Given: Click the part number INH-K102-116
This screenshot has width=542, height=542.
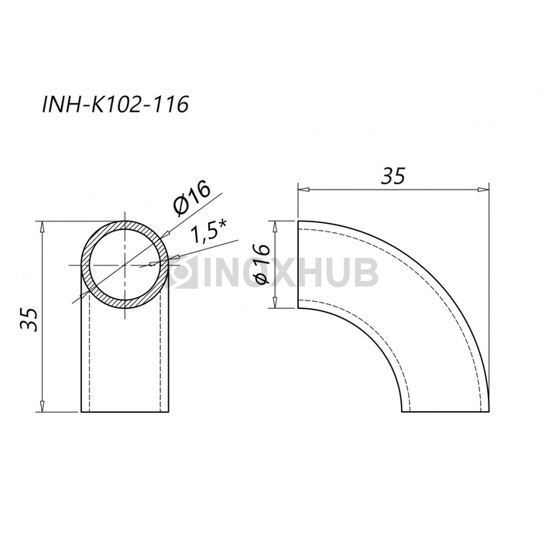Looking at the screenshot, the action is tap(115, 104).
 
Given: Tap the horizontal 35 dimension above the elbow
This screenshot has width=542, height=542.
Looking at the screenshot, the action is tap(393, 176).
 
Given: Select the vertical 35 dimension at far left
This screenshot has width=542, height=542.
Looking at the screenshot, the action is tap(29, 319).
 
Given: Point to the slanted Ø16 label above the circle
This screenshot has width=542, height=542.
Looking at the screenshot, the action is tap(192, 198).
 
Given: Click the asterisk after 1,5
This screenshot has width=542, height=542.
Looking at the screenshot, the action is tap(223, 225).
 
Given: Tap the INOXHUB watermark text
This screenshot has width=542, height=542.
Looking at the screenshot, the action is tap(290, 273).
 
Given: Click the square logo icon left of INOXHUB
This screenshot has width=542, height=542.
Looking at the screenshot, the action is tap(183, 273).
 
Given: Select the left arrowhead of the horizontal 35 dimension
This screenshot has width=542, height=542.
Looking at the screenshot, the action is tap(304, 190).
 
